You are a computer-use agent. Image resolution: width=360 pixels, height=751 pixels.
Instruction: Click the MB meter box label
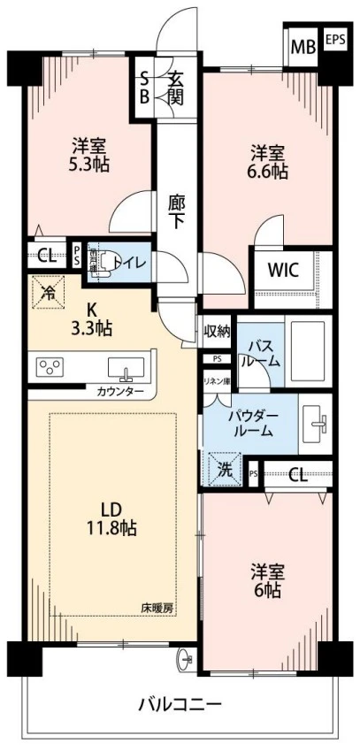point(303,46)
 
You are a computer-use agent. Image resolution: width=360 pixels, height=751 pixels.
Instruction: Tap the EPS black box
point(334,40)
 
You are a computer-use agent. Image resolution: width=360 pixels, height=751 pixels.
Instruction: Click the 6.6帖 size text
point(267,172)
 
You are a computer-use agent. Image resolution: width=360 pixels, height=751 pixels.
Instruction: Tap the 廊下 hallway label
point(177,211)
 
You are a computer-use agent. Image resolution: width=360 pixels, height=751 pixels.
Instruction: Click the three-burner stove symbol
point(50,365)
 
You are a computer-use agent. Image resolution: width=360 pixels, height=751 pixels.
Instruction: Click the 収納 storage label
point(217,332)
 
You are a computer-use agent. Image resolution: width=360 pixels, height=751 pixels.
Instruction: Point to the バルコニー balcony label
point(180,704)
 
